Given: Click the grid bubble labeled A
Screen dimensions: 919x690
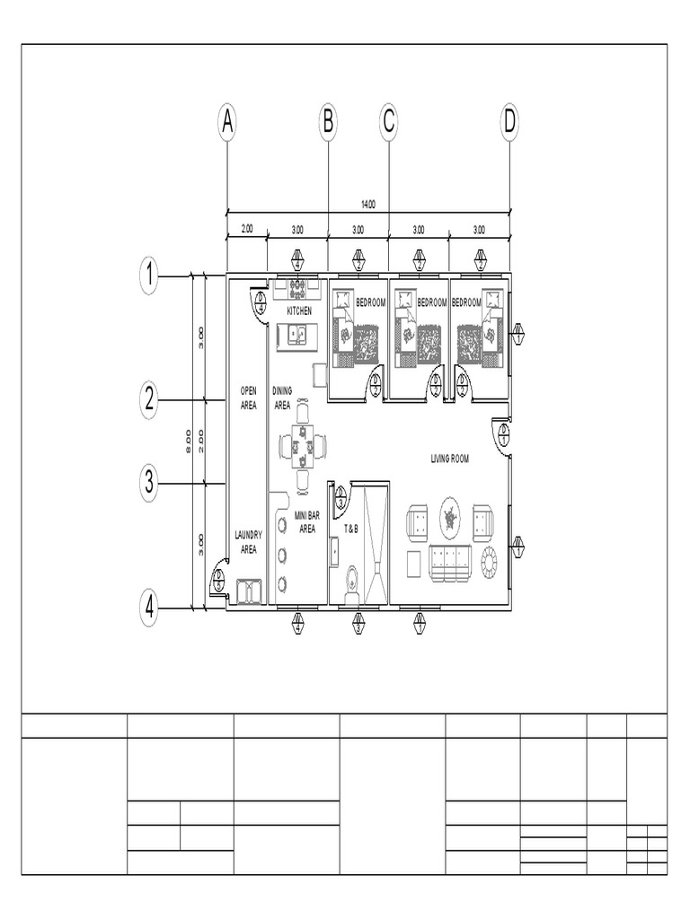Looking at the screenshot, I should point(227,122).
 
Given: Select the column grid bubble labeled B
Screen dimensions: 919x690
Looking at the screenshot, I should point(327,122).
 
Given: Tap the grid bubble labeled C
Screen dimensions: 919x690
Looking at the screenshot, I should point(388,122).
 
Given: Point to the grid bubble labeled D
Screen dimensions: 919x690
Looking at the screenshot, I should point(509,122).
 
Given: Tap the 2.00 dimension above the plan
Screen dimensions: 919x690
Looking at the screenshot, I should point(246,229).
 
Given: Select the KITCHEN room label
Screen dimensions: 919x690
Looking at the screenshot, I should point(299,311).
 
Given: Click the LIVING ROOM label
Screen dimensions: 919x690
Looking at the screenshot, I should point(450,459).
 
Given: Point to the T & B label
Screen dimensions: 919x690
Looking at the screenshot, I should point(350,530).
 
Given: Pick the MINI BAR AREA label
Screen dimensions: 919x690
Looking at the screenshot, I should point(306,522).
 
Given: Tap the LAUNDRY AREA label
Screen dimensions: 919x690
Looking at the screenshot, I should point(248,541).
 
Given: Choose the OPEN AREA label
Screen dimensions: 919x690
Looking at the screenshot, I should point(249,398).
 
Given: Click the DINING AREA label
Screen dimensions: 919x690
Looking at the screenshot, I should point(281,398).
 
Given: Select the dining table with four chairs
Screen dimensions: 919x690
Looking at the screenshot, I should point(303,445).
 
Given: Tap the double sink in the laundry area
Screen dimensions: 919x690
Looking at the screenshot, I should point(247,591).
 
